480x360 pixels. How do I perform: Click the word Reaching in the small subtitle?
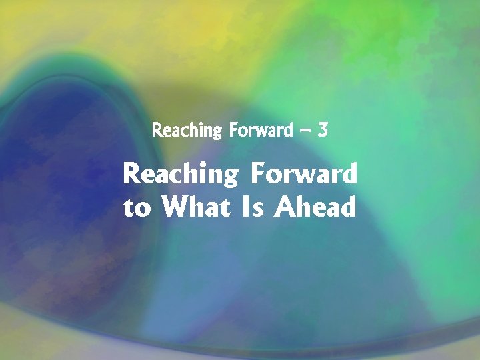tap(186, 130)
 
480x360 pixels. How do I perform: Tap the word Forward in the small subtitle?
tap(261, 130)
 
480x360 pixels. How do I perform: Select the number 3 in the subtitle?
tap(323, 130)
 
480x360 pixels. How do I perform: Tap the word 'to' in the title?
tap(137, 209)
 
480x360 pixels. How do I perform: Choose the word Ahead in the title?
tap(317, 207)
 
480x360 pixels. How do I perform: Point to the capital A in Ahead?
tap(287, 207)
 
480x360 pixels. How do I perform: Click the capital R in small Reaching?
tap(157, 130)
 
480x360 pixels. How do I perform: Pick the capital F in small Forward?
tap(233, 130)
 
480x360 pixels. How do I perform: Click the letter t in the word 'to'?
tap(129, 209)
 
